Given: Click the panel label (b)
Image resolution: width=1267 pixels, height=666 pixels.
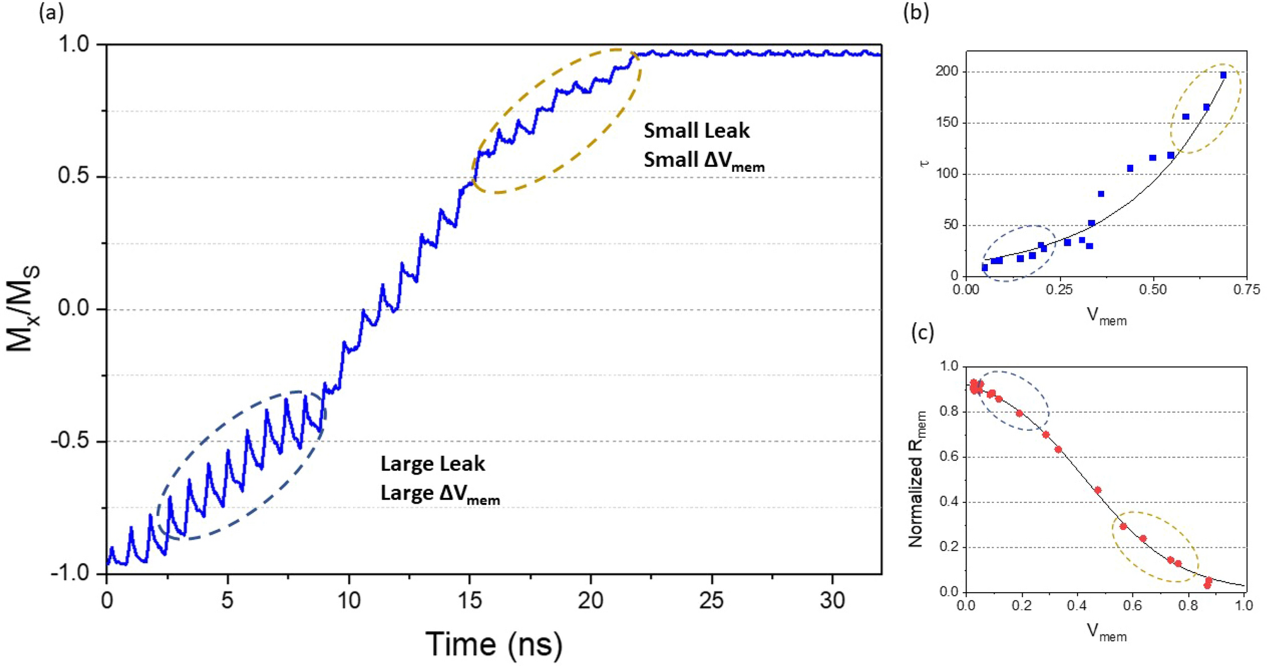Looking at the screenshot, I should click(916, 12).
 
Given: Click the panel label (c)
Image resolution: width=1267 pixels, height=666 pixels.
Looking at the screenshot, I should click(923, 332).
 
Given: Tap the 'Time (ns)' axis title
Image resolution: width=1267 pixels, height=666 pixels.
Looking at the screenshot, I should click(494, 644).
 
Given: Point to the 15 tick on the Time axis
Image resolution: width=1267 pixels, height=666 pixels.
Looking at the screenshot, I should click(469, 599).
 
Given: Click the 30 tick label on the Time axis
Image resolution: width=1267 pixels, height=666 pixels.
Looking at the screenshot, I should click(832, 599).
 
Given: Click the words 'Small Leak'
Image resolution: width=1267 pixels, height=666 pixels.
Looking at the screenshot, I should click(696, 131).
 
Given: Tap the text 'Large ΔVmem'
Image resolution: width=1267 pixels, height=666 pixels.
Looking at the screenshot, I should click(440, 493).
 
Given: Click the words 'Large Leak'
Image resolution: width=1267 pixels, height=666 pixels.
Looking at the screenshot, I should click(433, 464).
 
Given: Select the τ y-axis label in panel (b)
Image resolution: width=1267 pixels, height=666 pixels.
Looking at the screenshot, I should click(925, 164).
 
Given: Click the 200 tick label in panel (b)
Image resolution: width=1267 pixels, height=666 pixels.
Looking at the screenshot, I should click(946, 71).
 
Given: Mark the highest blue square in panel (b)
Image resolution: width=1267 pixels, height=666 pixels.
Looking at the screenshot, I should click(1223, 75).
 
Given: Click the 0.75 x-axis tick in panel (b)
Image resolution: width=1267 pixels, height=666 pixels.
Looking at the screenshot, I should click(1246, 290).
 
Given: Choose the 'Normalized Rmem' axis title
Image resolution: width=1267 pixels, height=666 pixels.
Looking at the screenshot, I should click(916, 479).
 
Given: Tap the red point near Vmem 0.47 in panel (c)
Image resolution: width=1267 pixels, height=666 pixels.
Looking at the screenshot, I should click(1098, 490).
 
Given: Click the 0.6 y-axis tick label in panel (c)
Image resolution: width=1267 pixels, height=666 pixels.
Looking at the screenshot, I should click(949, 457).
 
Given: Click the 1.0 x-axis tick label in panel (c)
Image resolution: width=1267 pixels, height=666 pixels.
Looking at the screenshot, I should click(1243, 605).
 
